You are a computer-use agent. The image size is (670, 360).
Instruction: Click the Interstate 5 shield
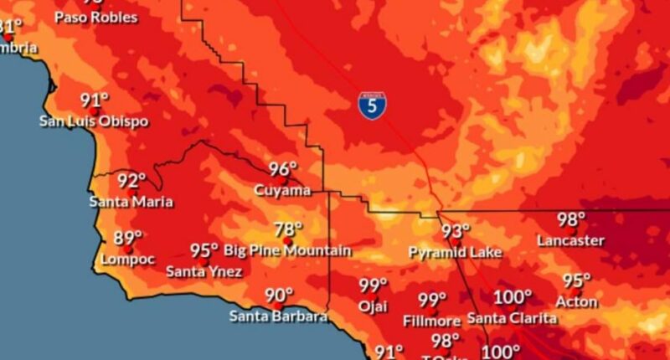[372, 104]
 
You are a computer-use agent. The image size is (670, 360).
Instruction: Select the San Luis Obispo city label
[94, 121]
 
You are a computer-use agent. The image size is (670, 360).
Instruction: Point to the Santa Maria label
[131, 202]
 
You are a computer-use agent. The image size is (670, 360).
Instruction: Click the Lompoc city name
[128, 260]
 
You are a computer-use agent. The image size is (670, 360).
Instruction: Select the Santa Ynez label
[204, 271]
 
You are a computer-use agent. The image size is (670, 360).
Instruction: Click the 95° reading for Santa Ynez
[204, 250]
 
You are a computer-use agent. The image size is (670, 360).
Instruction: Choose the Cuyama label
[282, 191]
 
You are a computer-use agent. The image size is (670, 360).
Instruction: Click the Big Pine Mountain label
[288, 250]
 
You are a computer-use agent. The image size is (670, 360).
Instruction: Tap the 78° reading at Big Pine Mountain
[288, 229]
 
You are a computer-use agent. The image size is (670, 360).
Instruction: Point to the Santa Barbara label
[278, 316]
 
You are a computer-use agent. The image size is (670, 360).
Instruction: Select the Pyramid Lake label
[455, 252]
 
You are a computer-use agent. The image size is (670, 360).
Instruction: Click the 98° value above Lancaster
[571, 220]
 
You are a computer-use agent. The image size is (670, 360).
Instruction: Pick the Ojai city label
[374, 306]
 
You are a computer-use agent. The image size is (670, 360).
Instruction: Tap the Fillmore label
[432, 321]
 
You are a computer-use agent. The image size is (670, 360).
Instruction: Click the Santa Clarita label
[512, 318]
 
